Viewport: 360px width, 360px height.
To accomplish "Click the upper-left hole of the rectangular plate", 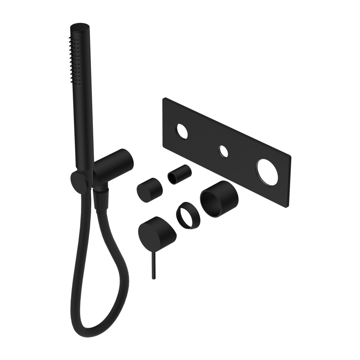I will (x=180, y=131).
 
